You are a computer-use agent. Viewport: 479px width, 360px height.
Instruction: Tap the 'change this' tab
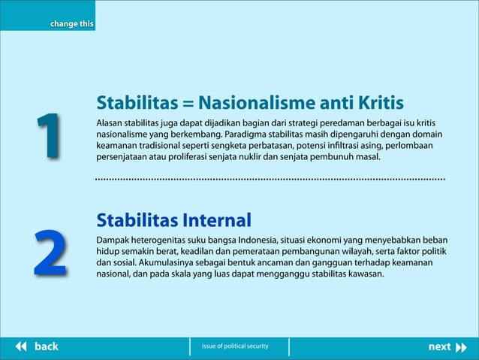pyautogui.click(x=71, y=24)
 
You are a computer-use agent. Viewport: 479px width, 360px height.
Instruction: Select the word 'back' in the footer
pyautogui.click(x=47, y=346)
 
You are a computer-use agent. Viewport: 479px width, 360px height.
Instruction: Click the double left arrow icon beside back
pyautogui.click(x=21, y=346)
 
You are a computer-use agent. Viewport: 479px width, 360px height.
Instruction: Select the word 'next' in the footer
pyautogui.click(x=439, y=346)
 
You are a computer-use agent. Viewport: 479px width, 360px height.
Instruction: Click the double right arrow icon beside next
pyautogui.click(x=461, y=346)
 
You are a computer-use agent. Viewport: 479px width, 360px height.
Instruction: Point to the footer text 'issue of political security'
pyautogui.click(x=234, y=346)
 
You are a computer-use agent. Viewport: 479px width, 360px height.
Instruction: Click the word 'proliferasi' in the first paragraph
pyautogui.click(x=182, y=159)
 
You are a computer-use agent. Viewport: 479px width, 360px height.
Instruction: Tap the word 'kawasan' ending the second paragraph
pyautogui.click(x=365, y=275)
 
